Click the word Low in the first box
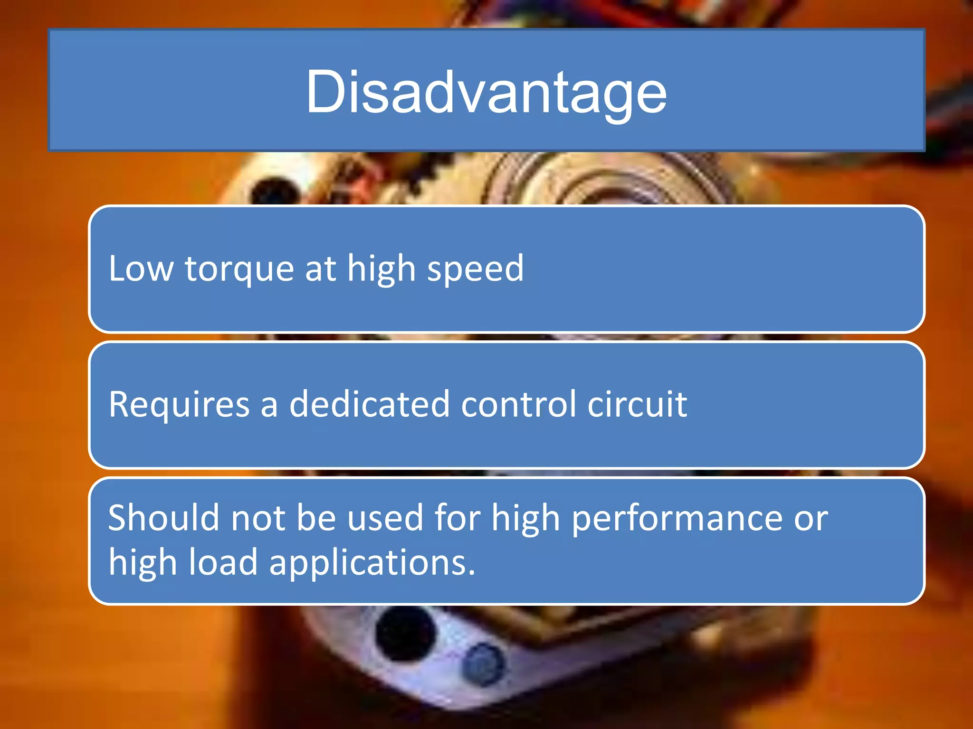coord(141,269)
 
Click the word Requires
coord(179,404)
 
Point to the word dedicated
coord(369,404)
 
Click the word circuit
coord(637,404)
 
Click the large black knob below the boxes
coord(405,634)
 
